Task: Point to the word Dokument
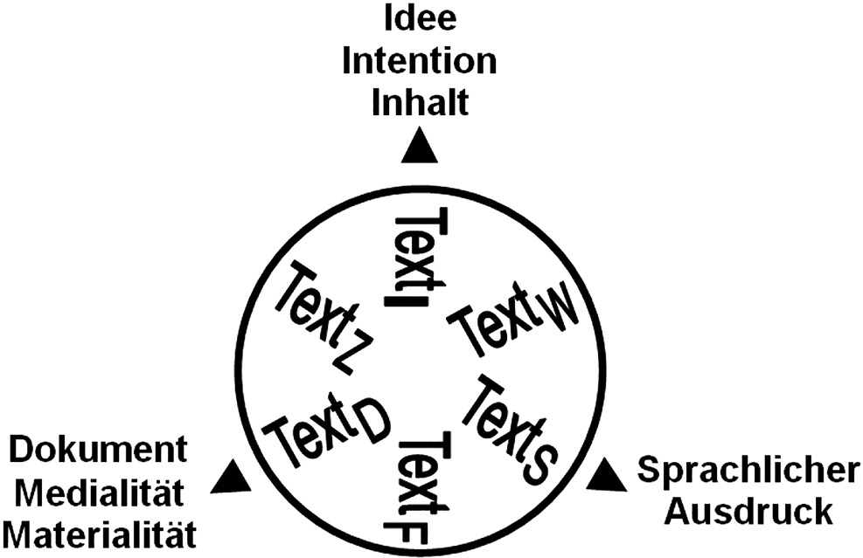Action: point(98,451)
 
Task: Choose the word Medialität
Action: point(99,493)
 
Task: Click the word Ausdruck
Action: point(748,512)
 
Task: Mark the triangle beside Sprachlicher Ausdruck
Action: point(602,476)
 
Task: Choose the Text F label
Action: point(421,489)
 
